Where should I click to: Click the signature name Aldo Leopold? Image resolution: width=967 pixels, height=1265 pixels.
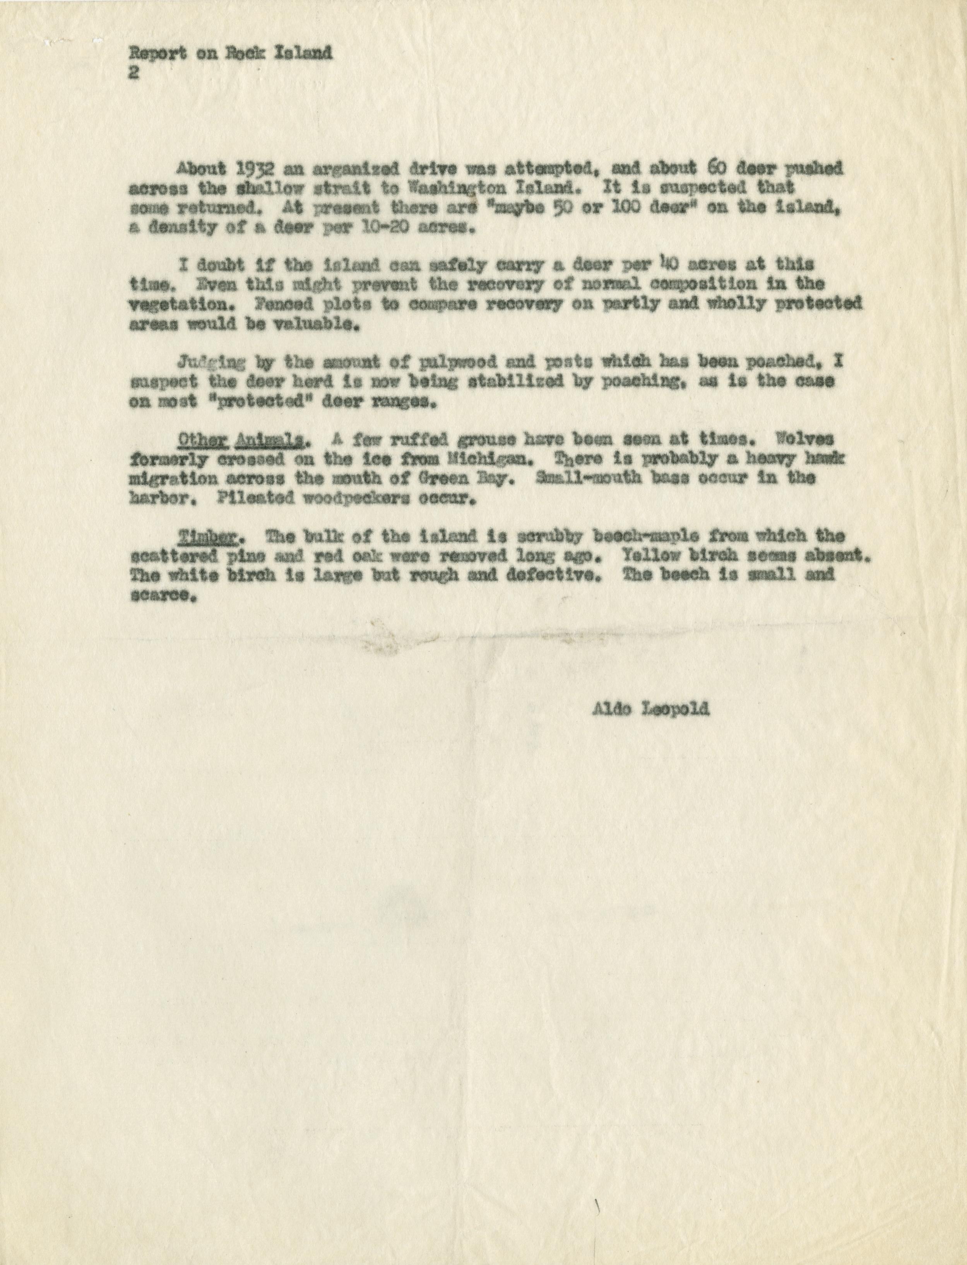point(650,709)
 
